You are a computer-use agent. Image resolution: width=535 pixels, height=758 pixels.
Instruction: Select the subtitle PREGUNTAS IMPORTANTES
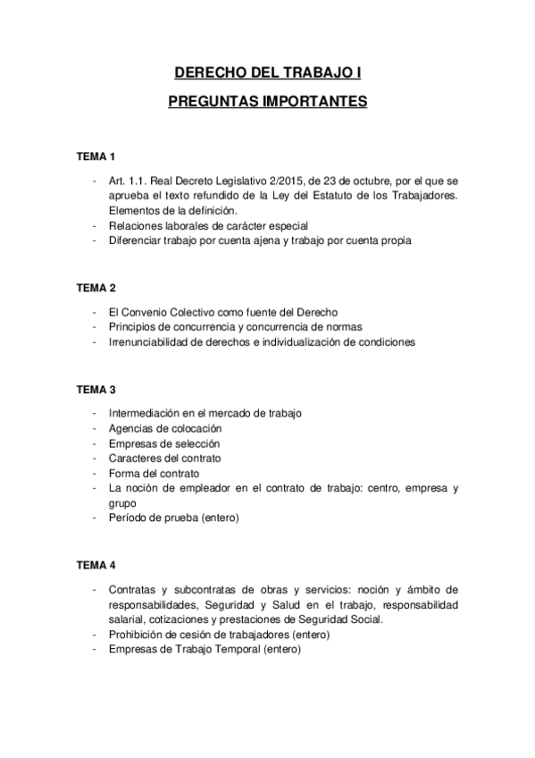(267, 102)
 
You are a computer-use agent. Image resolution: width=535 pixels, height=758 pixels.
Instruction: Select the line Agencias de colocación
(164, 429)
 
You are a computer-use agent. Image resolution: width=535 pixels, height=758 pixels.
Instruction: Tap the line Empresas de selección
(163, 443)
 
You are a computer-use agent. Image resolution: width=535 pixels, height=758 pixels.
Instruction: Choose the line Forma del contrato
(153, 473)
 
